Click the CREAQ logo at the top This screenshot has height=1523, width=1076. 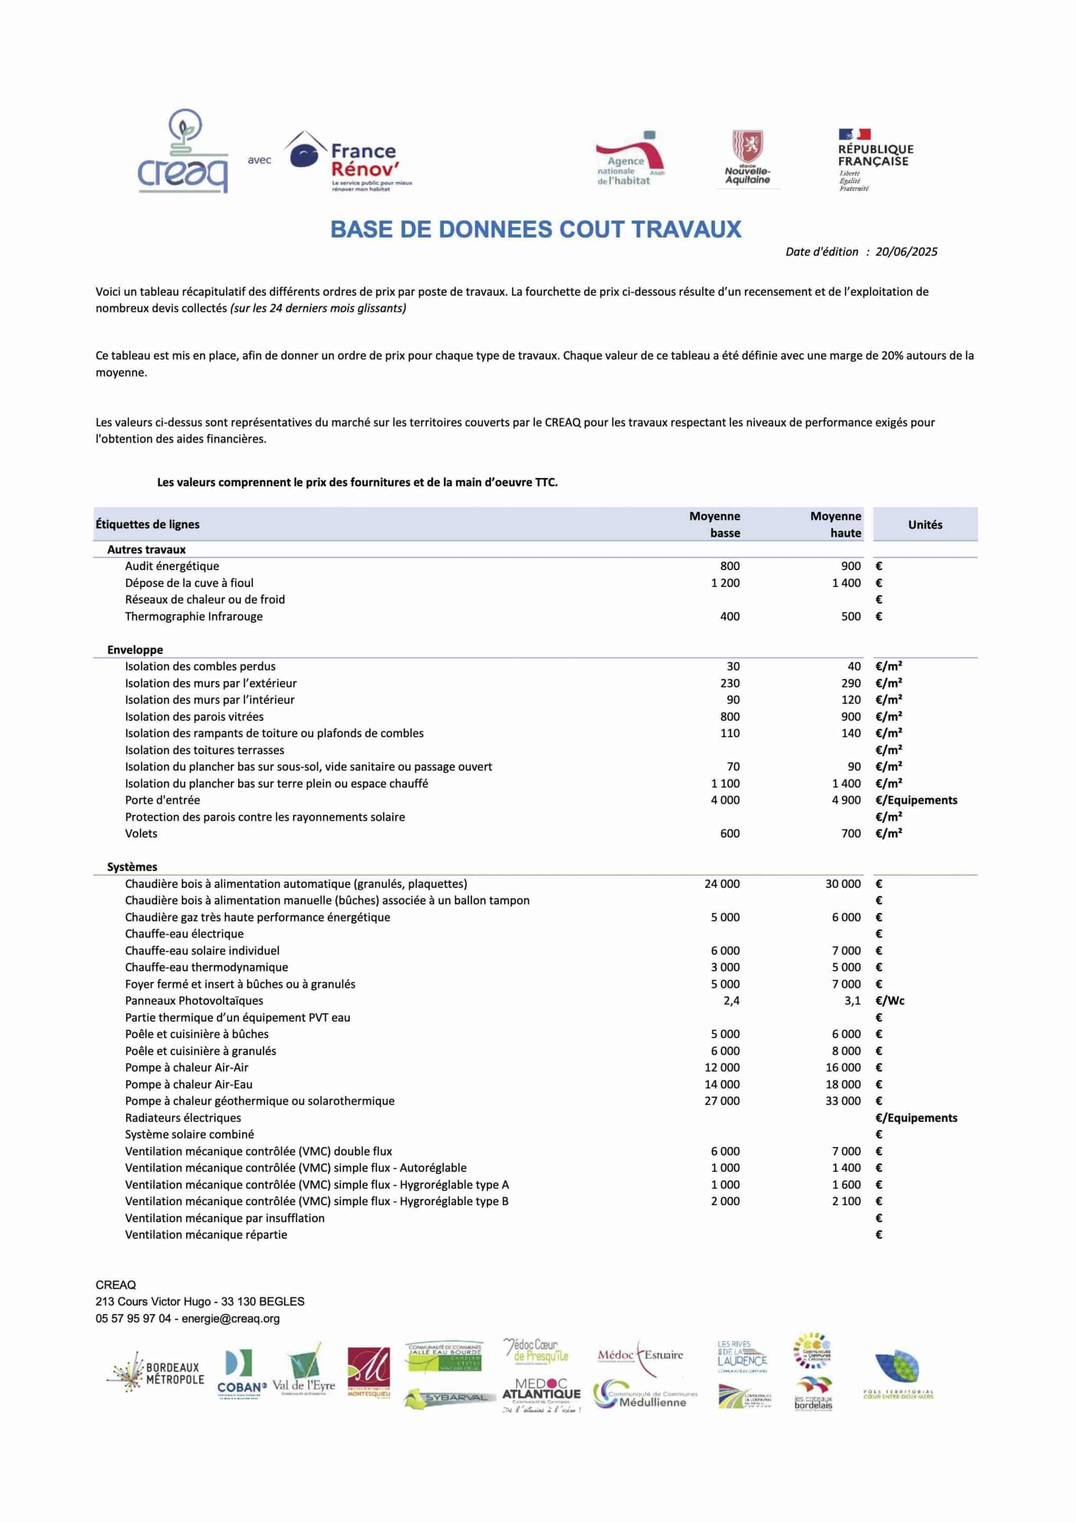tap(182, 153)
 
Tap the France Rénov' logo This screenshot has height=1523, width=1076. tap(348, 162)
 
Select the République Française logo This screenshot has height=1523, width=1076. tap(875, 160)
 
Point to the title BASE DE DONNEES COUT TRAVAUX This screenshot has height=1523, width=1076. tap(536, 230)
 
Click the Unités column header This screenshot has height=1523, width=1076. tap(925, 525)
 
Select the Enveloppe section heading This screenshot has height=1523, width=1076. tap(135, 649)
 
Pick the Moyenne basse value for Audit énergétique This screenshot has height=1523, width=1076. tap(729, 566)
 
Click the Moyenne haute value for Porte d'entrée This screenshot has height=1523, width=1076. tap(846, 800)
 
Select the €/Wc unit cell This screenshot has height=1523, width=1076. tap(889, 1001)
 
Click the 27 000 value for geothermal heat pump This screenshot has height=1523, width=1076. tap(722, 1100)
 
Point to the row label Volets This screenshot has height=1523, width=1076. tap(141, 833)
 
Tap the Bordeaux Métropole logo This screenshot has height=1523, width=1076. tap(156, 1373)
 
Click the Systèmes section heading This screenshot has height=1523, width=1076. tap(133, 867)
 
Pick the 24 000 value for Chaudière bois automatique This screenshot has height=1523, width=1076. tap(722, 884)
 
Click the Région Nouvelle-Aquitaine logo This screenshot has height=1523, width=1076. tap(747, 159)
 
